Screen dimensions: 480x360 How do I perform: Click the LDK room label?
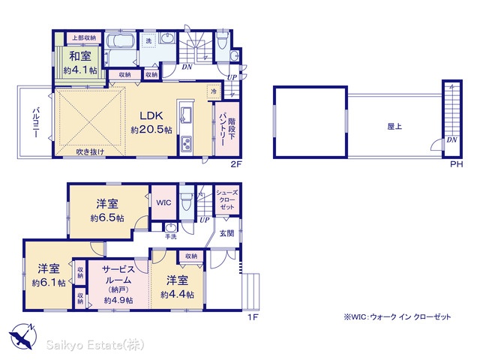[x=151, y=115]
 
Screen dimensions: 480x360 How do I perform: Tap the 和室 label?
[x=80, y=56]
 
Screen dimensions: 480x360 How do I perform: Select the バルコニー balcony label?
[x=36, y=122]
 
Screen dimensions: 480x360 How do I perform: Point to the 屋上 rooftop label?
[x=394, y=126]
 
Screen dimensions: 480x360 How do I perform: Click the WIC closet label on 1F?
[x=163, y=202]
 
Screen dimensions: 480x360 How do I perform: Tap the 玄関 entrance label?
[x=226, y=233]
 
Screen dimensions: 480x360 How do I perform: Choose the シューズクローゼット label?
[x=226, y=199]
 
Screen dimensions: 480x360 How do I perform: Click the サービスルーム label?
[x=118, y=274]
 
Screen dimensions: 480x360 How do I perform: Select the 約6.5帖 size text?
[x=107, y=218]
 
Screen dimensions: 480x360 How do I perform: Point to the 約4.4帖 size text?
[x=177, y=295]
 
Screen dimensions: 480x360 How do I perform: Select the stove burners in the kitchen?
[x=186, y=143]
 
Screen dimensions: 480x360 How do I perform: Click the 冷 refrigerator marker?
[x=214, y=91]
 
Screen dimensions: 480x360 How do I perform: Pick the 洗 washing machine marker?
[x=148, y=40]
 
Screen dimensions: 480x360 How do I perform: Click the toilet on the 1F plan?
[x=186, y=201]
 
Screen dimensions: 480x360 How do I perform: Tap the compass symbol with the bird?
[x=23, y=337]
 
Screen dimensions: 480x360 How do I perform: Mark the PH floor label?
[x=457, y=164]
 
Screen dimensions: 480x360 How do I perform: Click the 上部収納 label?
[x=84, y=38]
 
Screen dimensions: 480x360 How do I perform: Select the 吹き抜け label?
[x=90, y=151]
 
